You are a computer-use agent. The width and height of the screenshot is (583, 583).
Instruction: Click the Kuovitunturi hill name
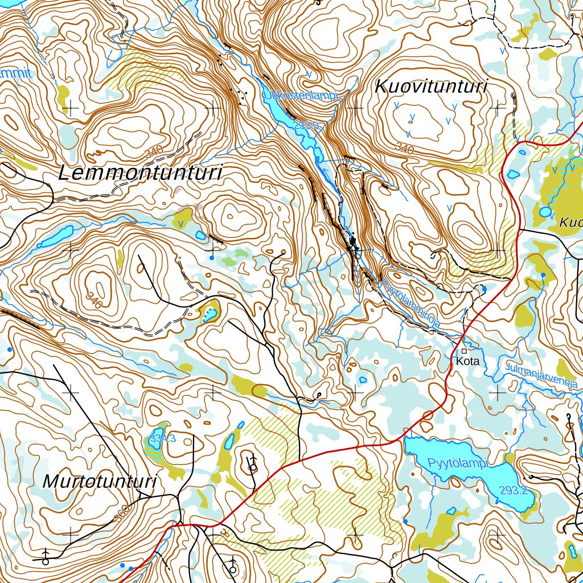pyautogui.click(x=432, y=87)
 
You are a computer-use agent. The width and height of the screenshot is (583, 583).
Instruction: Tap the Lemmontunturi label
pyautogui.click(x=140, y=173)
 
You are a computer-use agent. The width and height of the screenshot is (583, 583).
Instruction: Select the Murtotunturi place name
pyautogui.click(x=100, y=482)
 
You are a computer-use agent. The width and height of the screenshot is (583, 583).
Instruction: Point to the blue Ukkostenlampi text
pyautogui.click(x=300, y=96)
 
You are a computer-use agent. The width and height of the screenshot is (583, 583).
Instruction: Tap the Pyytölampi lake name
pyautogui.click(x=459, y=463)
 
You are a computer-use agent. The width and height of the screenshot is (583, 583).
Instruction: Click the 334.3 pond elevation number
pyautogui.click(x=162, y=438)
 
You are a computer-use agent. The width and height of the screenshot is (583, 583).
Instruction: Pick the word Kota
pyautogui.click(x=467, y=362)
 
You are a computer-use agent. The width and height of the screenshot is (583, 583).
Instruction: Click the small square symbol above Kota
pyautogui.click(x=464, y=351)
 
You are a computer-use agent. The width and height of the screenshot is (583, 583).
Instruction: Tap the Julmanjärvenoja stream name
pyautogui.click(x=541, y=376)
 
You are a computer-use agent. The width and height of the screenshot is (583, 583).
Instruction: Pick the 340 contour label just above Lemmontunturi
pyautogui.click(x=154, y=153)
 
